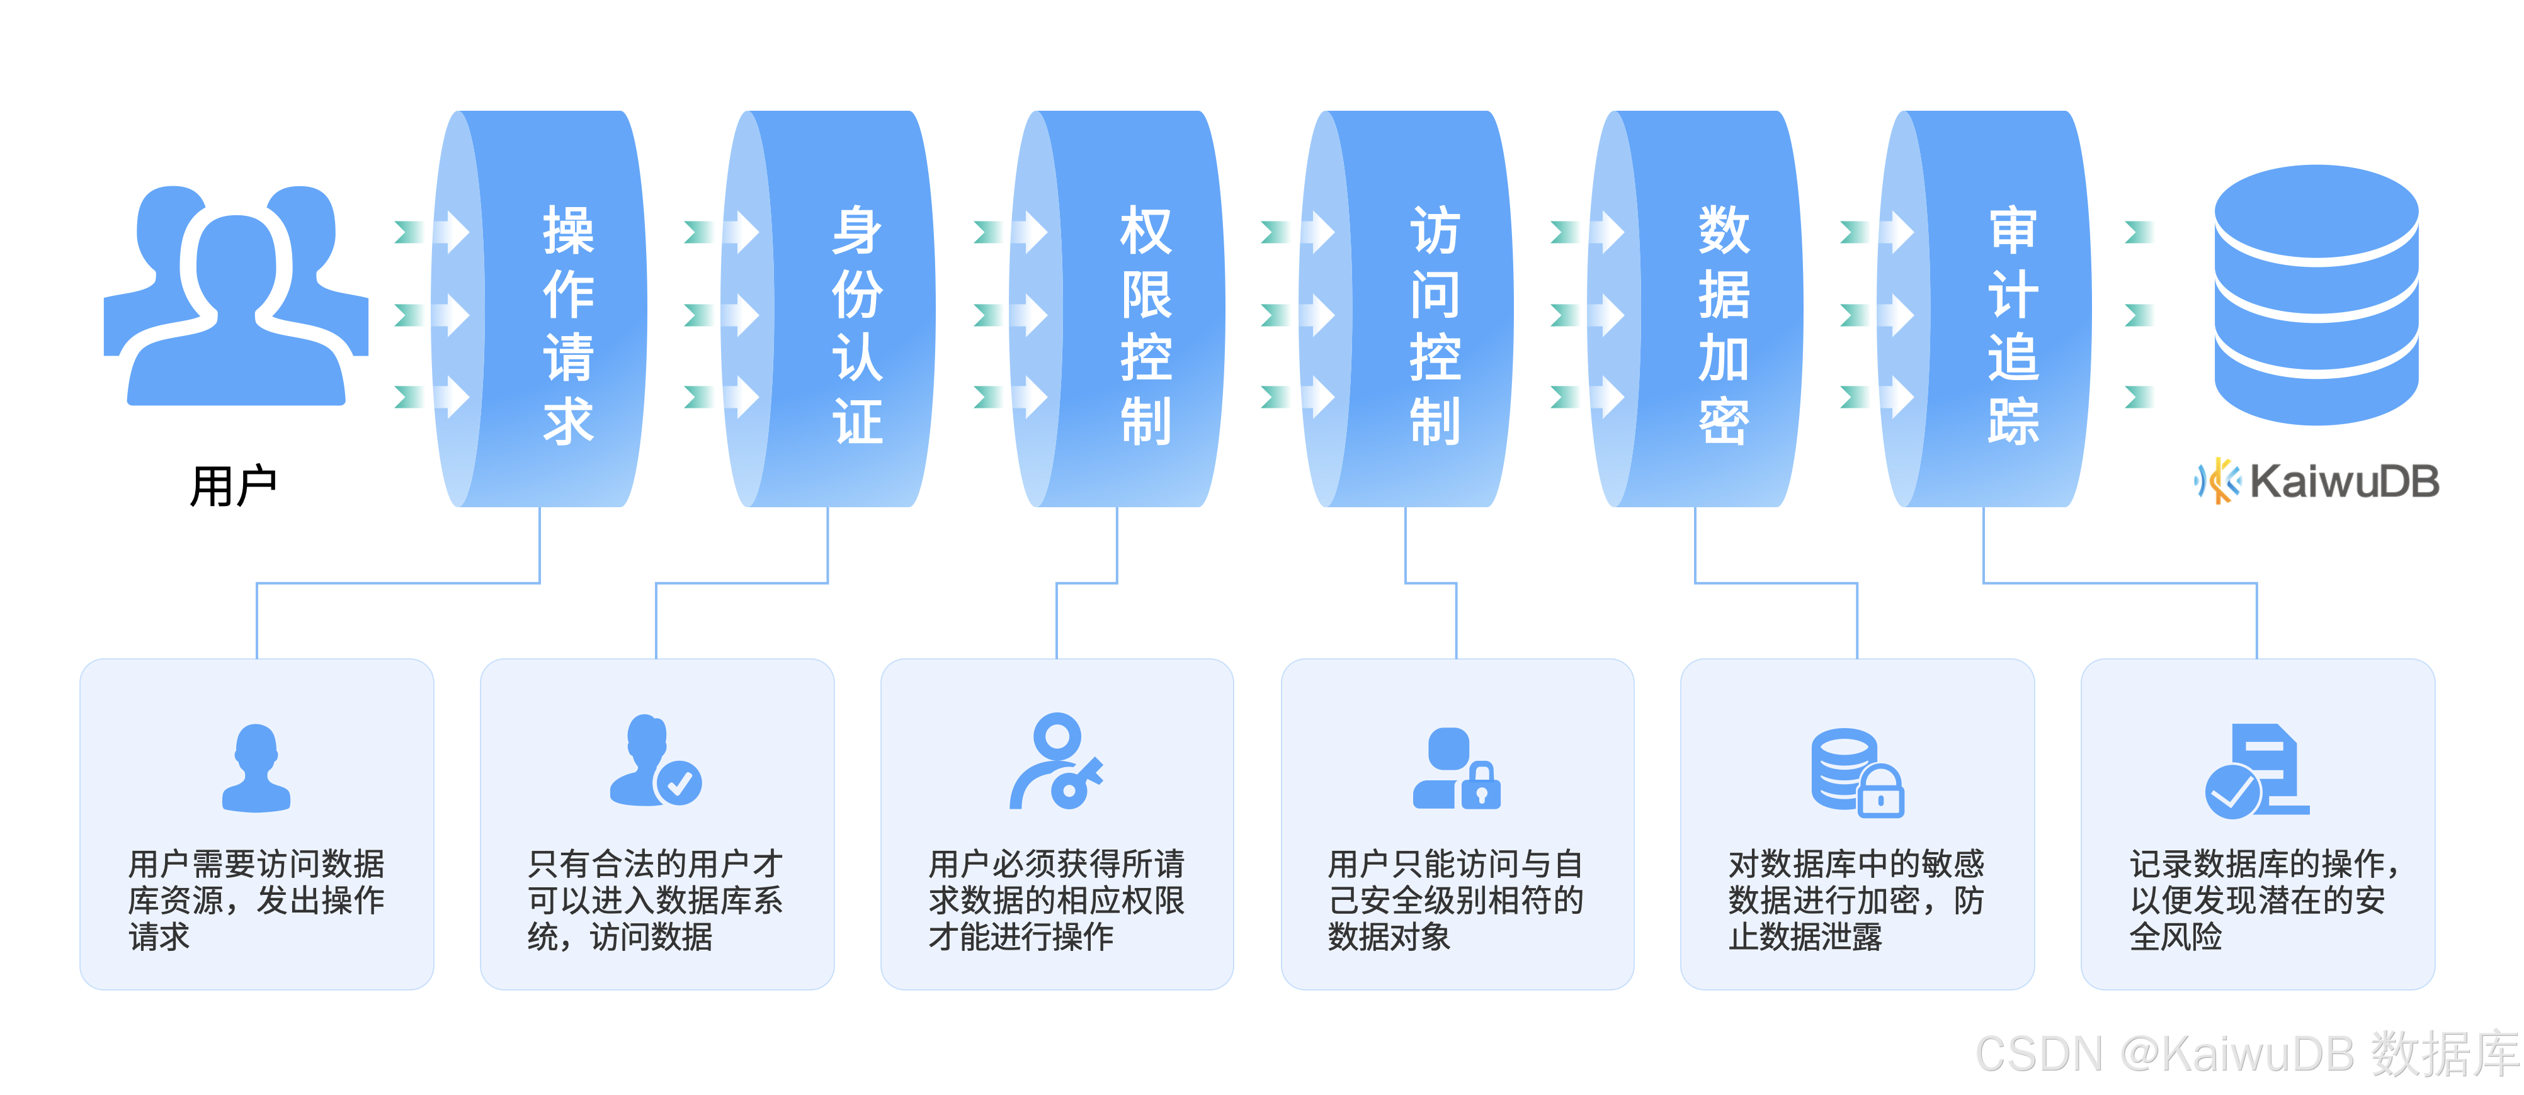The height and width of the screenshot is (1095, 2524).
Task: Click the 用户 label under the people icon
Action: (233, 486)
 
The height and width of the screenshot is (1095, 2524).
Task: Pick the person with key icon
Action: (1056, 762)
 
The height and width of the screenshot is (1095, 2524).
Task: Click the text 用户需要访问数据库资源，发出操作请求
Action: (257, 900)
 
